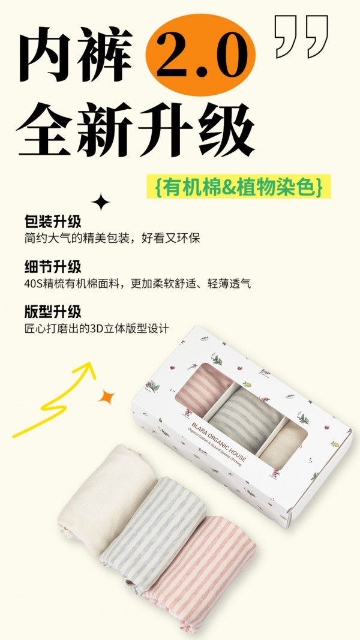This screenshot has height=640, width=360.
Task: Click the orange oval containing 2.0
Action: coord(200,55)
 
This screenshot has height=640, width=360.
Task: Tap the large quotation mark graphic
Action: coord(301,35)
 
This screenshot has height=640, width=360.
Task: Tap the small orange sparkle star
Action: coord(107,396)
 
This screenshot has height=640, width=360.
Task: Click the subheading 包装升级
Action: coord(53,221)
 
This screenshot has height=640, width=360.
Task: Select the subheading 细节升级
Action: coord(53,266)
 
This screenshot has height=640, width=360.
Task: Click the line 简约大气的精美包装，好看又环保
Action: coord(112,238)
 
